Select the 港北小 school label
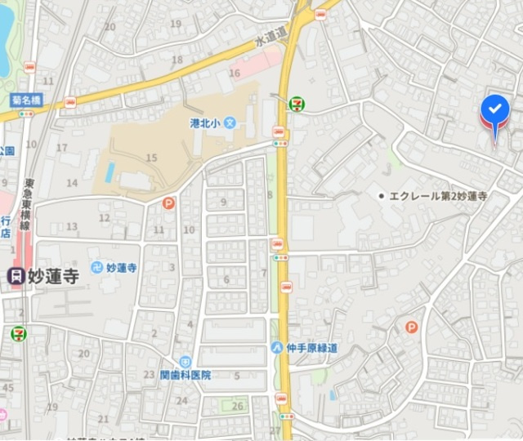pos(206,123)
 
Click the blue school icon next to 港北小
pos(230,123)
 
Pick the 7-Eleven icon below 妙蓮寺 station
pos(17,333)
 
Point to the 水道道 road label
pos(271,35)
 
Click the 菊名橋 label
pos(26,100)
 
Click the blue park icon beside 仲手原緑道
pos(278,347)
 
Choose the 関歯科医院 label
pos(186,375)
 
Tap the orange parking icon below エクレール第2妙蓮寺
pos(411,327)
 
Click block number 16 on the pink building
pos(235,73)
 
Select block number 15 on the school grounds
pos(150,157)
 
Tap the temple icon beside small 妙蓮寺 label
pos(96,267)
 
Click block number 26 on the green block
pos(237,406)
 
